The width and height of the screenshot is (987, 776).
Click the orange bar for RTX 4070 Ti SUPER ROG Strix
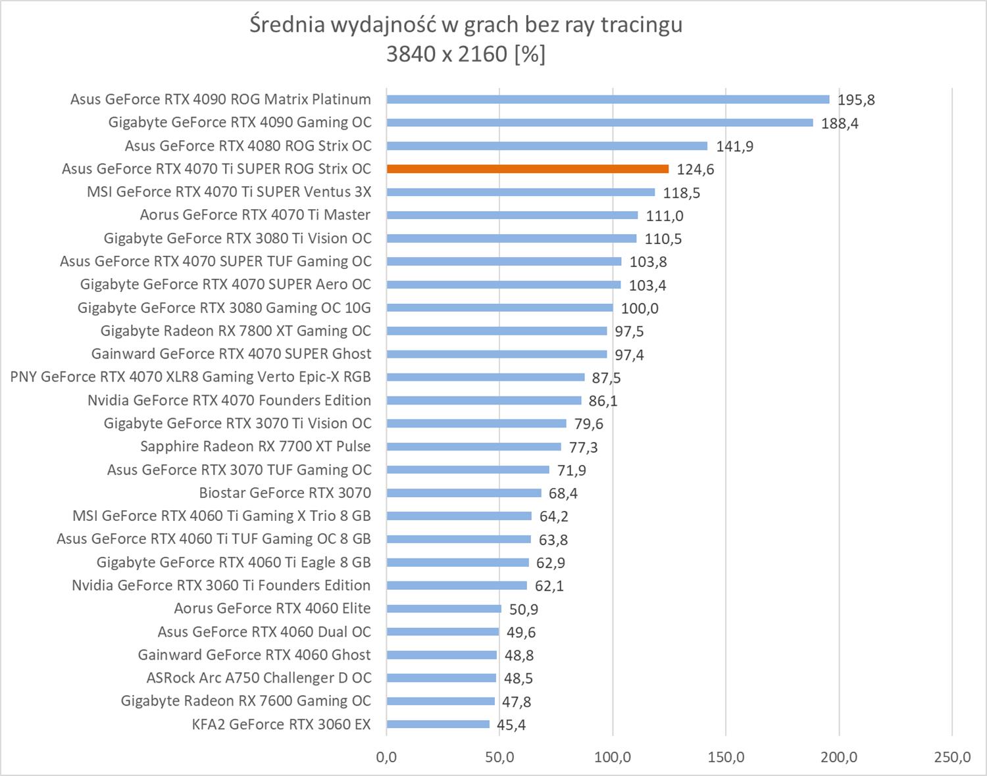tap(527, 169)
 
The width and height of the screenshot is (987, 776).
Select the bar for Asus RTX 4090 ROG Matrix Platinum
tap(607, 99)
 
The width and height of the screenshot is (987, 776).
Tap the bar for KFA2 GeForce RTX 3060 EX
tap(438, 724)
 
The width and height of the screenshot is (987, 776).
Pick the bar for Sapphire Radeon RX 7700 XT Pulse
tap(473, 447)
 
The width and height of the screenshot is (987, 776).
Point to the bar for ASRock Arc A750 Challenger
tap(441, 678)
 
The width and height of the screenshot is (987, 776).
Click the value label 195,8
tap(856, 100)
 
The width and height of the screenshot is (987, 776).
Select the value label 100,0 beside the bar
tap(640, 308)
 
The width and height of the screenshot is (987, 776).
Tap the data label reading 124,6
tap(696, 170)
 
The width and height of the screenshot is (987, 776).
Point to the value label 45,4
tap(511, 725)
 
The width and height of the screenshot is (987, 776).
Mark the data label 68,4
tap(563, 493)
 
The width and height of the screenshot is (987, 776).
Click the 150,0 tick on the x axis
tap(726, 757)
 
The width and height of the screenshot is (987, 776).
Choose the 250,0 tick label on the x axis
tap(952, 757)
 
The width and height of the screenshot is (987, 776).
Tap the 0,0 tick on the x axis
tap(386, 757)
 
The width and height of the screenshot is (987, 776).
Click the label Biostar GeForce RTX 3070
tap(285, 493)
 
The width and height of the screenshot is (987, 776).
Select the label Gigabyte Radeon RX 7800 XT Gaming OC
tap(236, 331)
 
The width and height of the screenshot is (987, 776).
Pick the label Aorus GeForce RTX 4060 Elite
tap(272, 608)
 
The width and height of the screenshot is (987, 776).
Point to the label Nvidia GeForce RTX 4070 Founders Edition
tap(229, 400)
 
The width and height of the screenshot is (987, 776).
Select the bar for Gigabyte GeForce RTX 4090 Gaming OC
tap(599, 122)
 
